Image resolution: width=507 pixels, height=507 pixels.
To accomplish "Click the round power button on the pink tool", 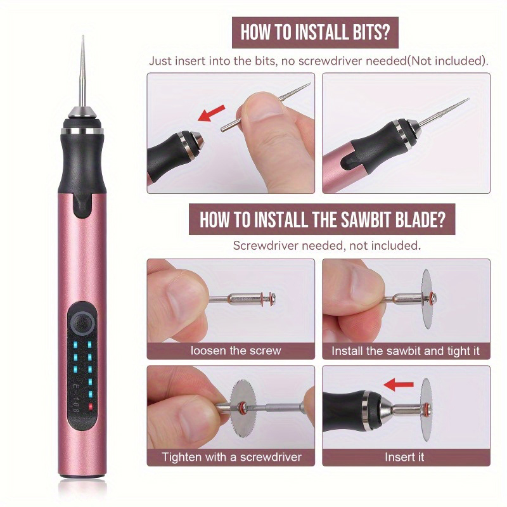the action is (x=82, y=324).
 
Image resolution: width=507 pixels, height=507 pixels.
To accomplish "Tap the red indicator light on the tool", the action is (x=90, y=406).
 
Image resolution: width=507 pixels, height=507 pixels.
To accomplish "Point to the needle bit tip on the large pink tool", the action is (x=83, y=36).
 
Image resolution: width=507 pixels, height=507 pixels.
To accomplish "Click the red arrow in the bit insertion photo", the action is (x=211, y=113).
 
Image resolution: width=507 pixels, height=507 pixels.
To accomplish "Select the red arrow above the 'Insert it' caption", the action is (x=399, y=385).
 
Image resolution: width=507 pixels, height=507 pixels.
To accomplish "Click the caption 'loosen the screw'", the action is (x=236, y=350).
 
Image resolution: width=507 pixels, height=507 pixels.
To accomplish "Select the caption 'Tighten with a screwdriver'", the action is (x=231, y=457).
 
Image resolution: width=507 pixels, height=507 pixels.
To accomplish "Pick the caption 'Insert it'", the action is (x=404, y=457).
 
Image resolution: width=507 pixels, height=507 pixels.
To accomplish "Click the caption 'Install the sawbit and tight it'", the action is (x=406, y=351).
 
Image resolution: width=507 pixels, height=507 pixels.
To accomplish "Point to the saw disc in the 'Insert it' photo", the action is (x=427, y=409).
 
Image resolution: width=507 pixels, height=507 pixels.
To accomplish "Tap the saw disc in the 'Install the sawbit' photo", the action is (x=427, y=298).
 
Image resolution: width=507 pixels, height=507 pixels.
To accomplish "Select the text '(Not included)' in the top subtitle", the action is (x=447, y=61).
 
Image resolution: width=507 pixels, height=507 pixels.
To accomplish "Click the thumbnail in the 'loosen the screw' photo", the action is (x=179, y=299).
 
